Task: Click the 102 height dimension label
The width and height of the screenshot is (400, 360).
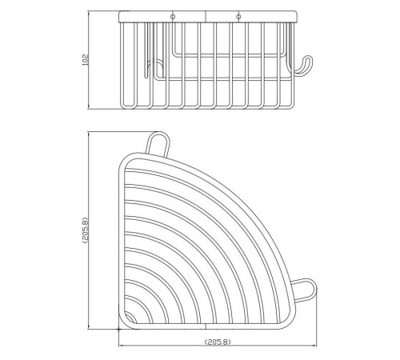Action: [x=85, y=60]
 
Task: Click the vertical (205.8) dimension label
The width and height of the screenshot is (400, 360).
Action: [x=86, y=230]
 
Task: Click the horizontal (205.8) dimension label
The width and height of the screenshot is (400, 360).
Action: [x=218, y=342]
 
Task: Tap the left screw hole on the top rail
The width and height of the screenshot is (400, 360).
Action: [x=173, y=17]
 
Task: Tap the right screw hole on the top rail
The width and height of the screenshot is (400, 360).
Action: [x=238, y=17]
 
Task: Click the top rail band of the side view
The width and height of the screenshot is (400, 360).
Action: [x=208, y=16]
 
